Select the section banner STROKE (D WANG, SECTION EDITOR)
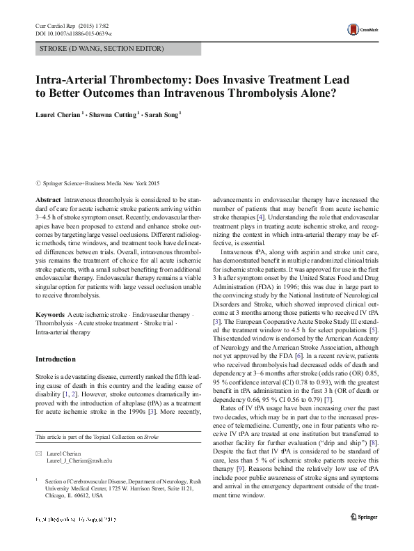[99, 49]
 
